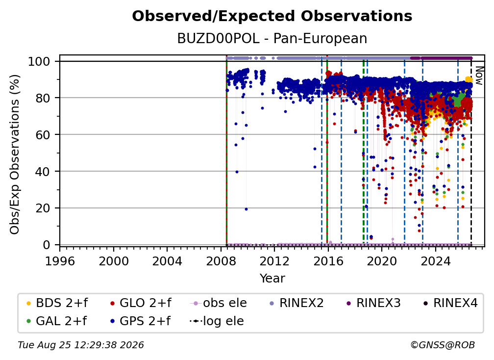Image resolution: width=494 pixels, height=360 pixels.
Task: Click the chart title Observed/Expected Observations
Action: pos(272,16)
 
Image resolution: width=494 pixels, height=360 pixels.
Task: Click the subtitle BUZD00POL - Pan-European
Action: pos(272,38)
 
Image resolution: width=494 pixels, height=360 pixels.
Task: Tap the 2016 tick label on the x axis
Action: pos(328,261)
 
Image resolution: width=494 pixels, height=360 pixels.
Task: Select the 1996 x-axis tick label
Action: pos(60,261)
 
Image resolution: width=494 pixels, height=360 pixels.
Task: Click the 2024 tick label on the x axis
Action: pos(435,261)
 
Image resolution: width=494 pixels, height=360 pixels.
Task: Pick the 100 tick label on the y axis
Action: pos(39,61)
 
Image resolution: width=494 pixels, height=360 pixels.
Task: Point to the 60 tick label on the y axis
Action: pos(43,134)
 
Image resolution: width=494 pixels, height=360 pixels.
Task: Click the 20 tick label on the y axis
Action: pos(43,208)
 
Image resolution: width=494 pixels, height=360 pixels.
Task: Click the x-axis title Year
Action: pos(272,278)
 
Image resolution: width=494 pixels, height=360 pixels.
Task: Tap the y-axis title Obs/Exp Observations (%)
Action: pos(15,154)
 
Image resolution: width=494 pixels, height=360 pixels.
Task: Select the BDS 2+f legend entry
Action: pos(57,303)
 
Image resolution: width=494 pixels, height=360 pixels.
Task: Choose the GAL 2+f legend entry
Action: pos(56,321)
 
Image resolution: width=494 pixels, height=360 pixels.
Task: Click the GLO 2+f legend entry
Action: pos(141,303)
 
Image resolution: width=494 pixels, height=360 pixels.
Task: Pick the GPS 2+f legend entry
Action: pos(140,321)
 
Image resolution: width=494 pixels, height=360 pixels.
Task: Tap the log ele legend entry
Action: pos(217,321)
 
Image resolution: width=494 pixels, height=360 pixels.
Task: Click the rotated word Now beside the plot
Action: pos(479,76)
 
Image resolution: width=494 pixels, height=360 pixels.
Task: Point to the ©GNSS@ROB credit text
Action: pos(443,345)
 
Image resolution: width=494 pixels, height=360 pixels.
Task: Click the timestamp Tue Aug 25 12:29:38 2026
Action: pos(81,345)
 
